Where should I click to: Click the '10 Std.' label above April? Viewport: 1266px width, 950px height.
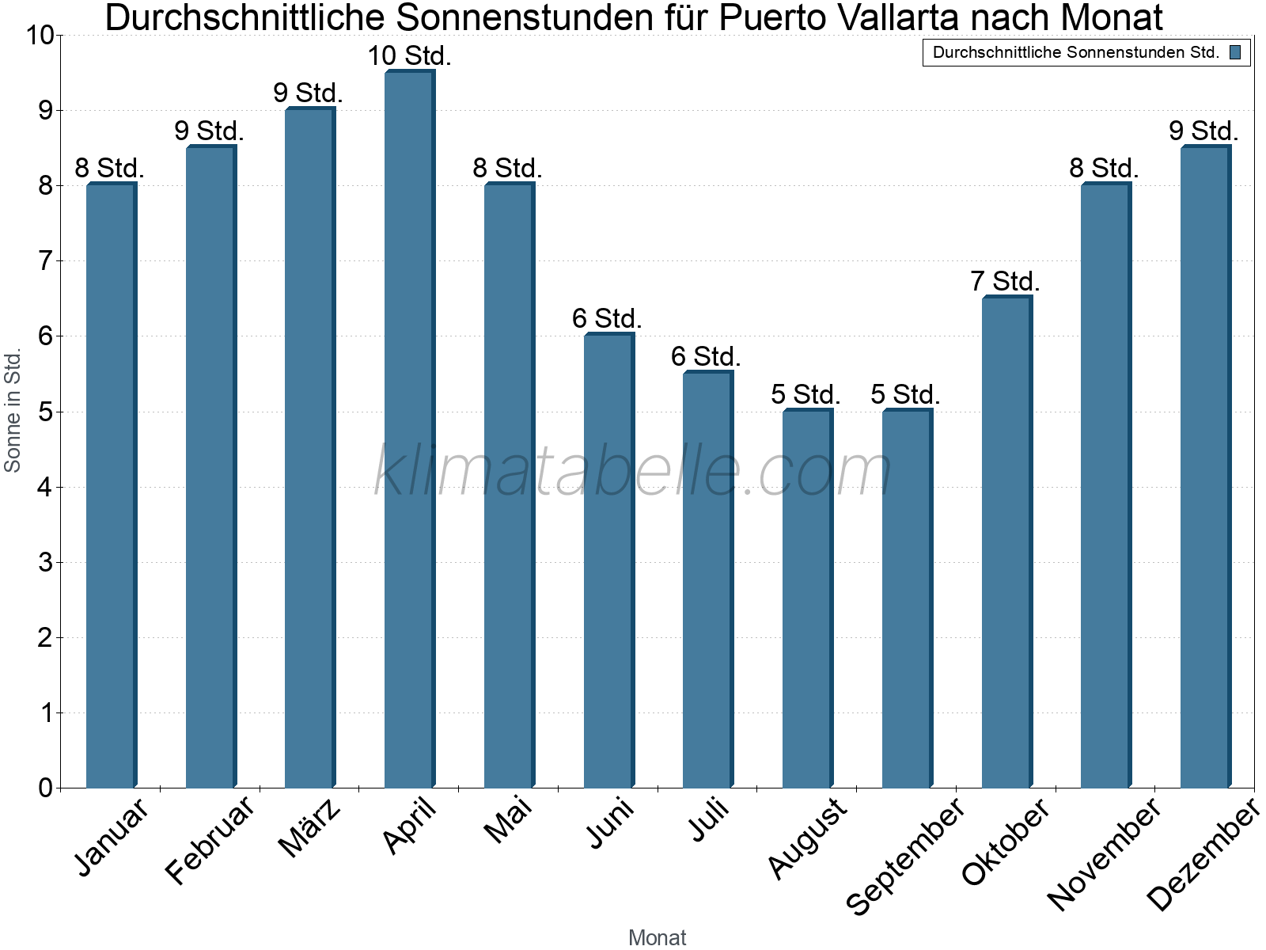(x=409, y=56)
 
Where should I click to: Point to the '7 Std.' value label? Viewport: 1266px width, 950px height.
(x=1005, y=281)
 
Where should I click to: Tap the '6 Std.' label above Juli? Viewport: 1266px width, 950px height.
(x=706, y=356)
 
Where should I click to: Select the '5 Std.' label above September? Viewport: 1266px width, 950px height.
(x=905, y=394)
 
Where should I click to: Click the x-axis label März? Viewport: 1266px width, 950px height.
(x=310, y=828)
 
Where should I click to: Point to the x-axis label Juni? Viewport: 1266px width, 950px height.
(x=610, y=823)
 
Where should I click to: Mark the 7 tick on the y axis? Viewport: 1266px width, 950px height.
(x=45, y=260)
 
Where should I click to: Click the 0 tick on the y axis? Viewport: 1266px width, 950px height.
(x=45, y=788)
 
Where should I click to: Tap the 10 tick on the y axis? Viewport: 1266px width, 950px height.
(x=40, y=36)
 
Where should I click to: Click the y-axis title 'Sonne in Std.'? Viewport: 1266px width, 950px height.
(x=13, y=412)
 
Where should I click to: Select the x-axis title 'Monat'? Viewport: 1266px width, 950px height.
(x=657, y=937)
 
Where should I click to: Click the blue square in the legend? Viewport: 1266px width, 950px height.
(x=1235, y=53)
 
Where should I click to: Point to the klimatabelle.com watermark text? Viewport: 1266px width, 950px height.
(x=633, y=471)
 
